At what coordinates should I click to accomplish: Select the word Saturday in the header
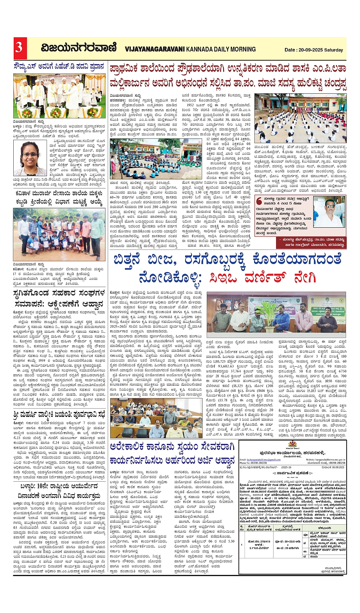tap(334, 50)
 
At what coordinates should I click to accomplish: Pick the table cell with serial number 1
tap(242, 545)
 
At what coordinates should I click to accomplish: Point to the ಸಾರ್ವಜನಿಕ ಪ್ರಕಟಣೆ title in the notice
tap(293, 473)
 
